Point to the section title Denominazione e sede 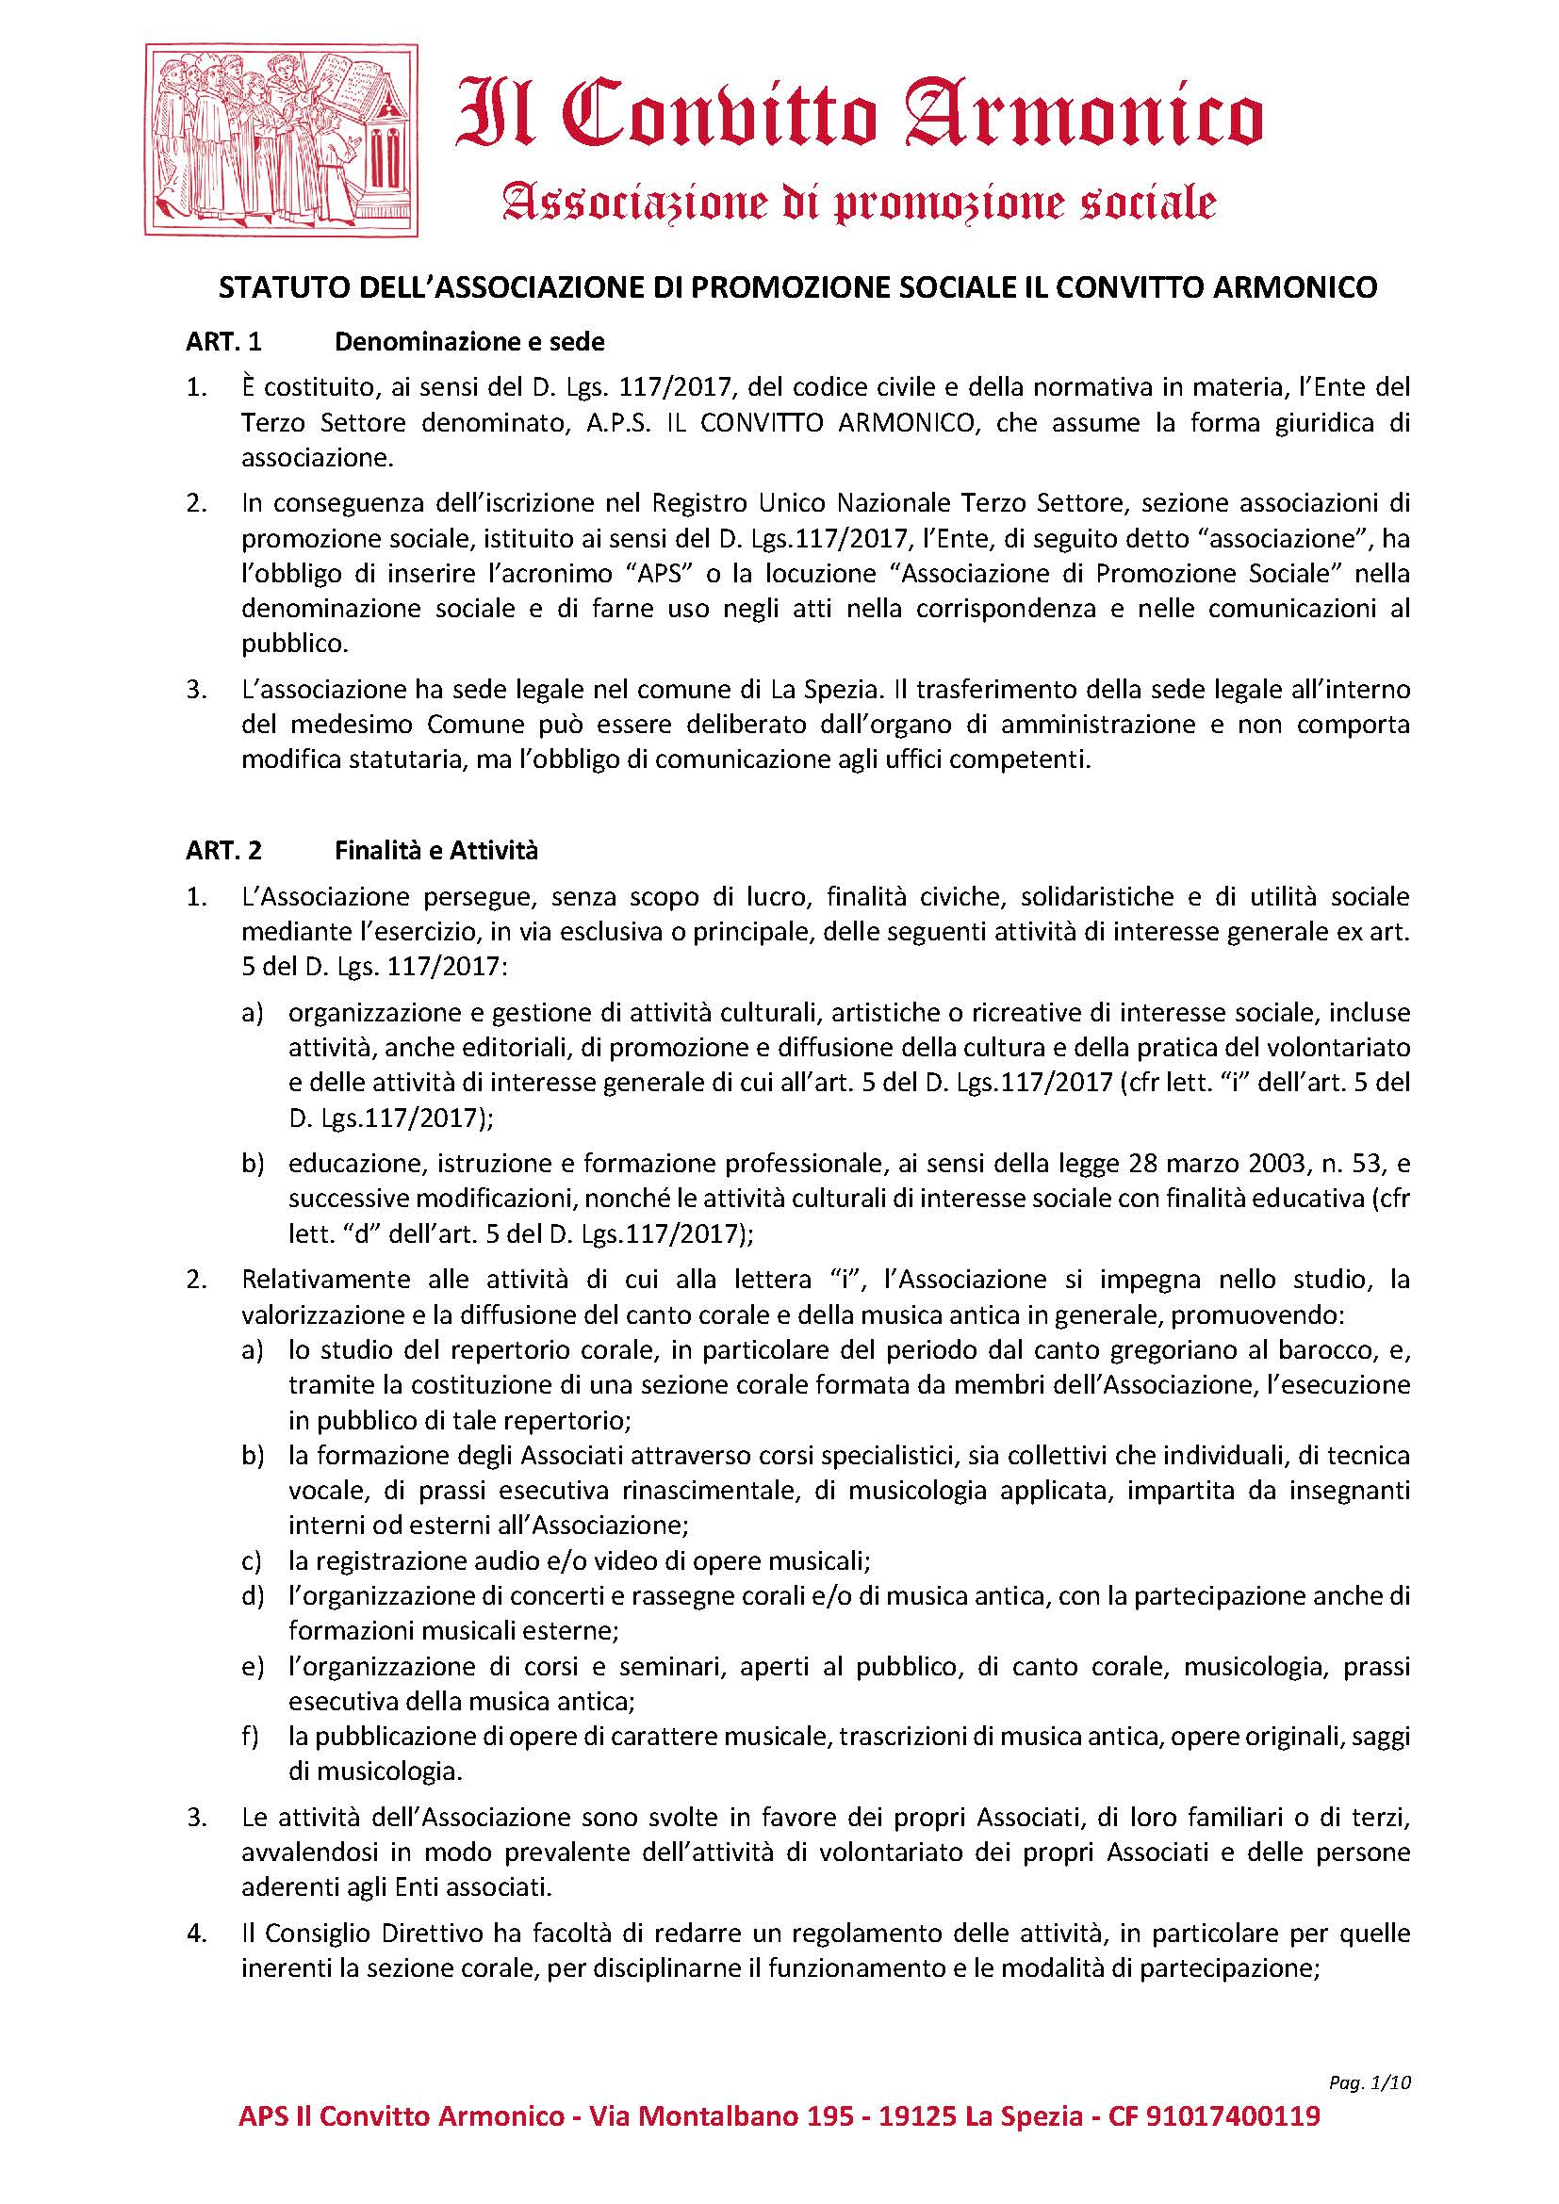point(469,342)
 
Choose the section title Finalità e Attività point(436,851)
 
